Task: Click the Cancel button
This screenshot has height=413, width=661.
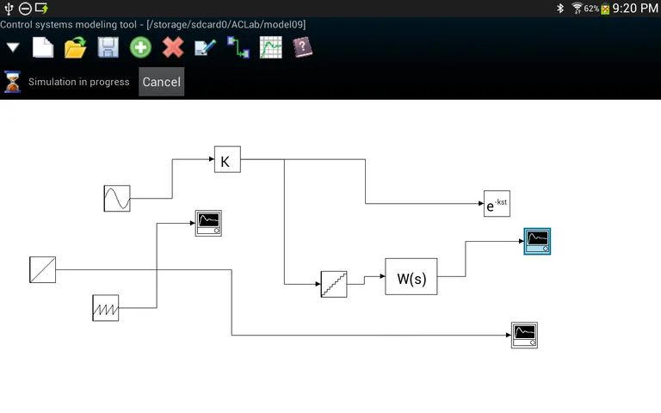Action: pos(161,82)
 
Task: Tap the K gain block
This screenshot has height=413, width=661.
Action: pos(227,160)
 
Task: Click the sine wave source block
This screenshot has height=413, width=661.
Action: pos(117,199)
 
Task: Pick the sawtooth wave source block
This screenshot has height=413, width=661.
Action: pos(105,308)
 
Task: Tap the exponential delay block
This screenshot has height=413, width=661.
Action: pos(497,204)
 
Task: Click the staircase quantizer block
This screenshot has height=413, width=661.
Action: pos(334,285)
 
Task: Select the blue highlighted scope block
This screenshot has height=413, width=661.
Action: pos(537,242)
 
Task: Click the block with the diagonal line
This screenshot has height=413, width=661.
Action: pos(42,269)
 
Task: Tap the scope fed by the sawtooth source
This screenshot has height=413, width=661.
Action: pos(207,223)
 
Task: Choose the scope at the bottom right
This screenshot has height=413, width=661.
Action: pos(524,335)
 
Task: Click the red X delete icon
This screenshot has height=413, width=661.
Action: pos(173,47)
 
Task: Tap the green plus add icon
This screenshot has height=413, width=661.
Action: pos(140,47)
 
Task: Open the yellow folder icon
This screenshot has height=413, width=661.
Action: pos(76,47)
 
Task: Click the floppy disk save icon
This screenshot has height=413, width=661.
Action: pos(108,47)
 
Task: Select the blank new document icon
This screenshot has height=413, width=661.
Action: pos(43,47)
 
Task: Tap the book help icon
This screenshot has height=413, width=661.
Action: pos(302,47)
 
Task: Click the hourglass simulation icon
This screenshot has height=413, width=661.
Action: pos(13,82)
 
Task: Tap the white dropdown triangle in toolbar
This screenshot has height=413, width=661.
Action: pos(13,47)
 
